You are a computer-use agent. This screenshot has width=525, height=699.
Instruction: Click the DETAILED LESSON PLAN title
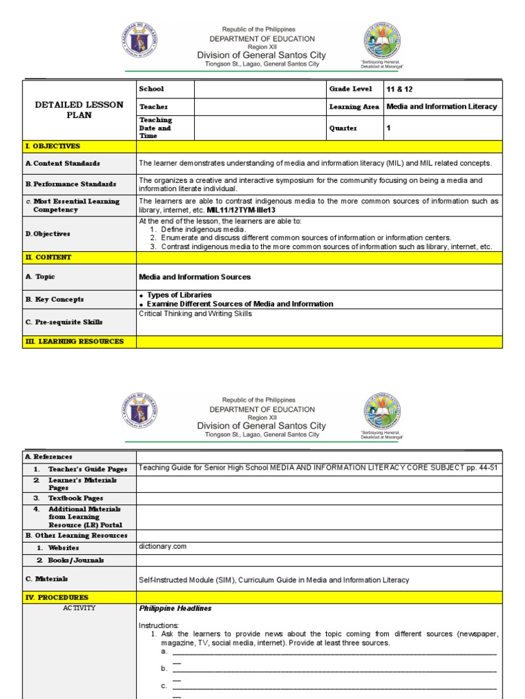coord(79,110)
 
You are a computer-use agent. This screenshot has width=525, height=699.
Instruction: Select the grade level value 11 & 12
coord(400,89)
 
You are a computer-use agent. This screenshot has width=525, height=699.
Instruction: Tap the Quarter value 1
coord(389,128)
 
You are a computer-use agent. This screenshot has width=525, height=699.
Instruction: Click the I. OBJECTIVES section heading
coord(53,146)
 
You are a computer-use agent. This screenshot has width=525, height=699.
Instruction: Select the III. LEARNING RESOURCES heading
coord(75,341)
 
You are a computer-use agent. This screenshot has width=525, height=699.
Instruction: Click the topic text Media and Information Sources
coord(195,277)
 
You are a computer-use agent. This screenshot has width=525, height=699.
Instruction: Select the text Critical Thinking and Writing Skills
coord(196,314)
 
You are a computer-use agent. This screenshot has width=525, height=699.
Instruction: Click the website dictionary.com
coord(163,547)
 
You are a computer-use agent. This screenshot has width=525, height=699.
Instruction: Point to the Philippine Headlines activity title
coord(175,608)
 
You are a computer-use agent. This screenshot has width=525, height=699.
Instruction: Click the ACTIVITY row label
coord(79,608)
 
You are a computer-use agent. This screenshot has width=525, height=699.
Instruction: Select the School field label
coord(151,89)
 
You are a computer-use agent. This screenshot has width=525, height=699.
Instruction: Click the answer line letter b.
coord(164,668)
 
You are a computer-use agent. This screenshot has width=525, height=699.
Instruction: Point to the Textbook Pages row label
coord(75,498)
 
